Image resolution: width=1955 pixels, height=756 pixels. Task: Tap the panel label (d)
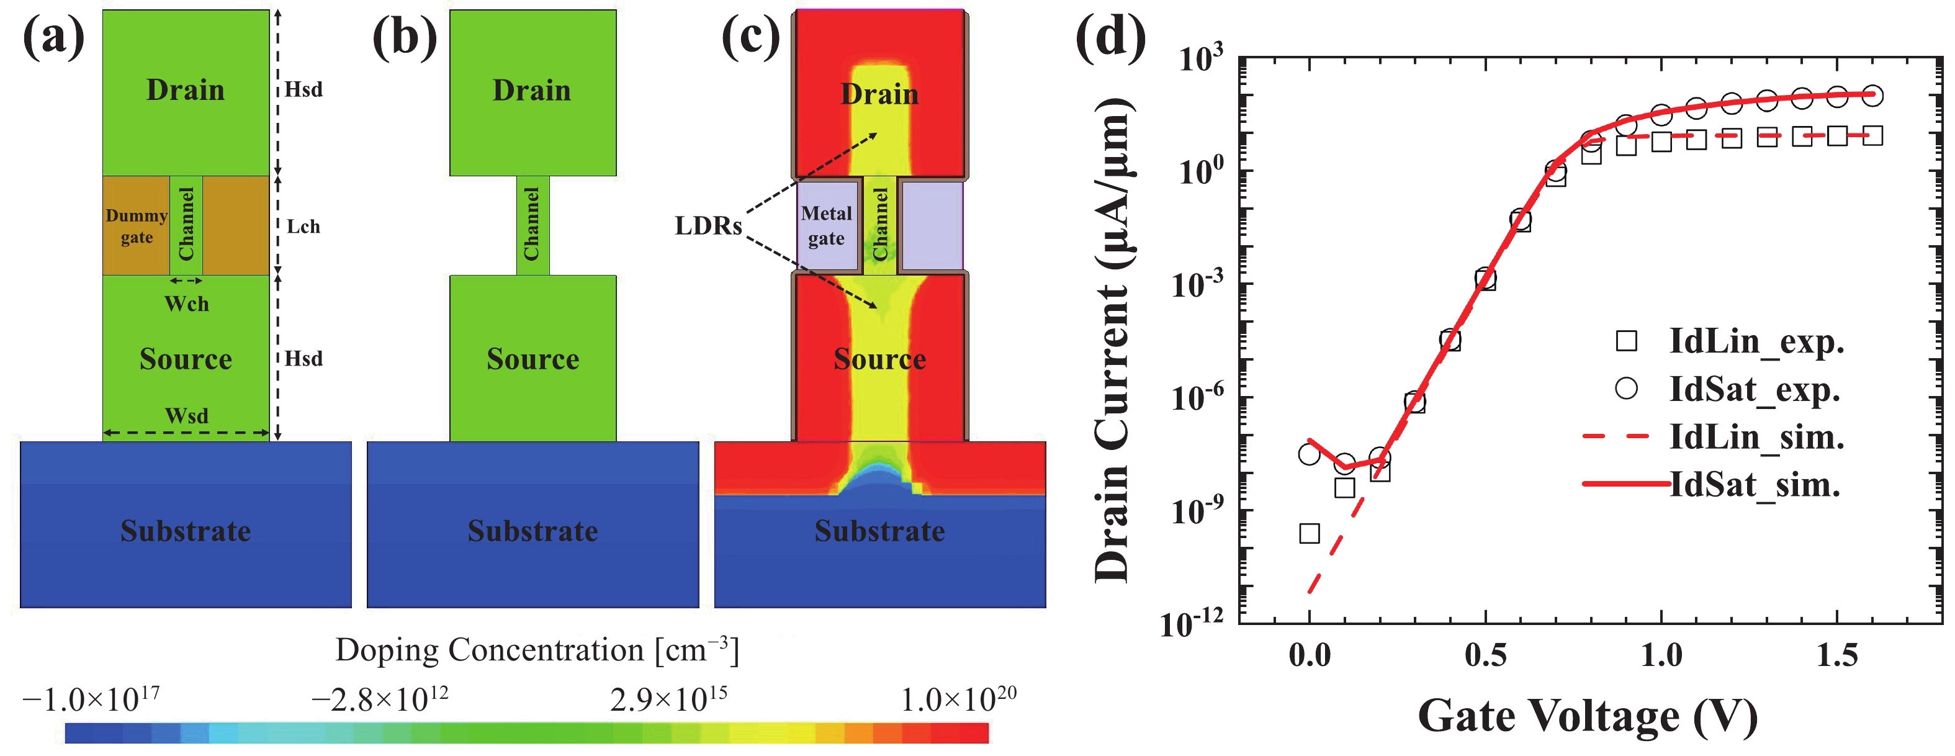tap(1110, 38)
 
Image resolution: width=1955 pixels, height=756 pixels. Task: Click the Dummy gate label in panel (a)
tap(137, 226)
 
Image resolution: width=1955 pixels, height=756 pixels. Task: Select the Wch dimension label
tap(187, 304)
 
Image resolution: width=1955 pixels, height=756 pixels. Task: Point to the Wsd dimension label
tap(187, 416)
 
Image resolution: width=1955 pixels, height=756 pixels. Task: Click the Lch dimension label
tap(303, 226)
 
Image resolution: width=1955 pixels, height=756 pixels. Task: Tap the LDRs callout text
tap(708, 225)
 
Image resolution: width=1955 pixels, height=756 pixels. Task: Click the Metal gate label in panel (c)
tap(827, 225)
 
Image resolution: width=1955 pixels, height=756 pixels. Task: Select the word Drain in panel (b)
tap(532, 91)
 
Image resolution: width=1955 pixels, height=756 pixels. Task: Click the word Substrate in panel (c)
tap(879, 531)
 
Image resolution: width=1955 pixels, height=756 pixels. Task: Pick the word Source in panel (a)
tap(186, 358)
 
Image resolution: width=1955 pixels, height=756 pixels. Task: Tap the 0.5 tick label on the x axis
tap(1485, 654)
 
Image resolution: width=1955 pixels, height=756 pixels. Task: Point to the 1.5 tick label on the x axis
tap(1836, 654)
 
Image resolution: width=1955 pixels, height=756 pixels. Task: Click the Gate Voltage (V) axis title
tap(1588, 715)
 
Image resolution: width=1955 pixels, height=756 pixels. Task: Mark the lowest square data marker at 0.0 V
tap(1309, 533)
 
